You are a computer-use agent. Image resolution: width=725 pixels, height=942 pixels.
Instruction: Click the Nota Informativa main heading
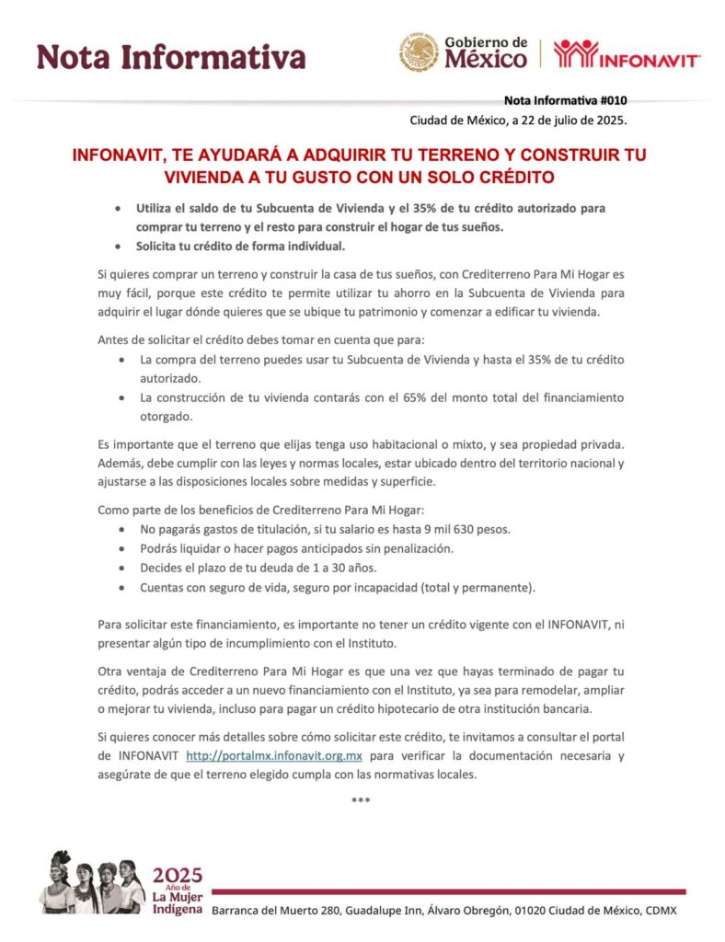171,57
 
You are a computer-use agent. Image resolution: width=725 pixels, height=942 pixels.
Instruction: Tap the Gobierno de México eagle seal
418,53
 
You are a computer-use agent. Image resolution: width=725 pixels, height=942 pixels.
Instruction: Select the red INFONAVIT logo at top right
627,54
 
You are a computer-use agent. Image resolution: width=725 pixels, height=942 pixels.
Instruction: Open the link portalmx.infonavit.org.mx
274,756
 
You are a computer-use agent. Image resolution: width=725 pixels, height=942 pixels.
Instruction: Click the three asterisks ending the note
361,800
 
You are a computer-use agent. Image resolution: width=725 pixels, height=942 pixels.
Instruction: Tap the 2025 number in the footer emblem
177,875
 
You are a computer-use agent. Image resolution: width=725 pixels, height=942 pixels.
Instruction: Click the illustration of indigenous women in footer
91,882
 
